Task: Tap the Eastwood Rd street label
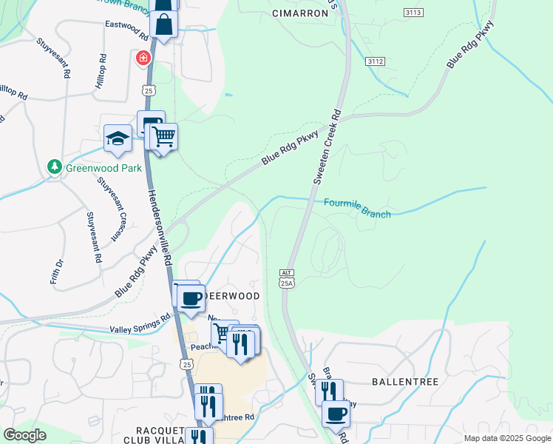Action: click(127, 27)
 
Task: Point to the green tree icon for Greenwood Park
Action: click(54, 167)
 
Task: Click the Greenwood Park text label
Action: click(104, 168)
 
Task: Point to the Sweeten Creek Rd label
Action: click(328, 148)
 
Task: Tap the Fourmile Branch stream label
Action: click(357, 208)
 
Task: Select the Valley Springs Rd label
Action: click(140, 323)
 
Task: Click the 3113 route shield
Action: click(414, 13)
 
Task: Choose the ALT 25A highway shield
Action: click(287, 278)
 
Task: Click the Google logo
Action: click(24, 435)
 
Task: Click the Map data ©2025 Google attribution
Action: click(506, 438)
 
